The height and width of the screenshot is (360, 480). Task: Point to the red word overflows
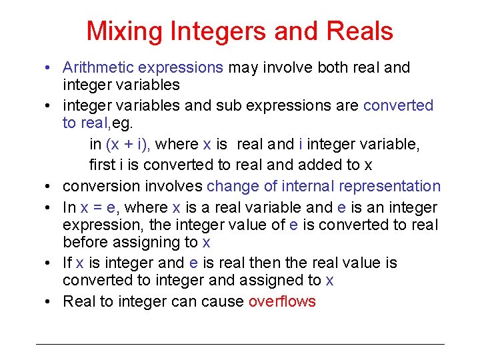pos(282,301)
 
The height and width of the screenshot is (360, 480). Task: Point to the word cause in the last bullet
pos(222,301)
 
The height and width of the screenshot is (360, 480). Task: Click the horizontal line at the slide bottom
pos(240,344)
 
